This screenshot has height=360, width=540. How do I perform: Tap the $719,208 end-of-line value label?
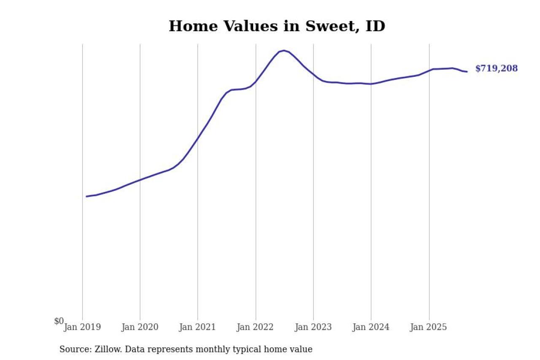[496, 68]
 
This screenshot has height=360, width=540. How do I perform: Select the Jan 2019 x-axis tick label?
[82, 327]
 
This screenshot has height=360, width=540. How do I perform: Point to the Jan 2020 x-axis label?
[140, 327]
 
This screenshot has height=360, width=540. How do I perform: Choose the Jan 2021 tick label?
[198, 327]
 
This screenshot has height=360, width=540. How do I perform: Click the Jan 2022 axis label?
[256, 327]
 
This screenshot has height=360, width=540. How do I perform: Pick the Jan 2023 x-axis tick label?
[313, 327]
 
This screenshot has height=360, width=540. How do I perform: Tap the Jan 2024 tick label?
[371, 327]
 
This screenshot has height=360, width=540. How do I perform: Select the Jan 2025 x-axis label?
[429, 327]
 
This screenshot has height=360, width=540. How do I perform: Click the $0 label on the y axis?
[59, 322]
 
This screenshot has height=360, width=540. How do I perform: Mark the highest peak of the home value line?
[284, 51]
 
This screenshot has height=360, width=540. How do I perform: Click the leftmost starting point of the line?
[86, 196]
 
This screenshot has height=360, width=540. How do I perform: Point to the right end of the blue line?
[467, 71]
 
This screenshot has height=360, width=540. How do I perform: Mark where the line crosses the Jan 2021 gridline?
[198, 138]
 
